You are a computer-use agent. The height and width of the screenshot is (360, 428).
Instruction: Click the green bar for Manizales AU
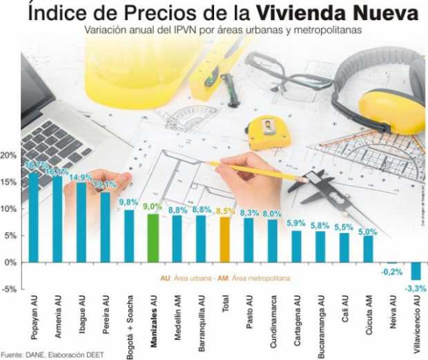[x=153, y=238]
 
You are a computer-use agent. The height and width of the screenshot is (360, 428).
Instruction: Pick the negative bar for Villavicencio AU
[x=416, y=270]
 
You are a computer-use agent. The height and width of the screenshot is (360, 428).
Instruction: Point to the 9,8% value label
[x=128, y=202]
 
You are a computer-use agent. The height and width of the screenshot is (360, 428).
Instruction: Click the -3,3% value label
[x=415, y=287]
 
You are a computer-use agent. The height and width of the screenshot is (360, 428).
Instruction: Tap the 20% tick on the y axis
[x=8, y=156]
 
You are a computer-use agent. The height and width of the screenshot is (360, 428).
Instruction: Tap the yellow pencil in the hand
[x=255, y=170]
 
